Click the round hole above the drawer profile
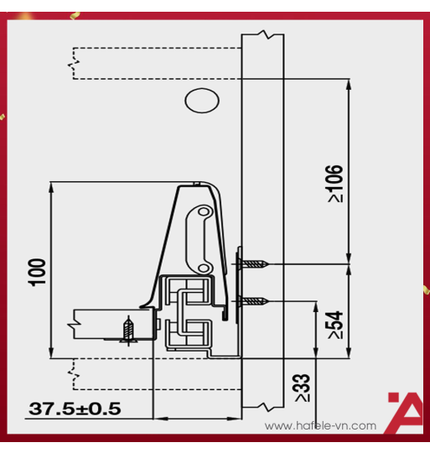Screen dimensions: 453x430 pos(199,101)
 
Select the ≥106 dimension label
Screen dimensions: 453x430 pos(334,184)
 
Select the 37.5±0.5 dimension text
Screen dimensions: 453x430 pos(75,409)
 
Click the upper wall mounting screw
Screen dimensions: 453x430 pos(256,264)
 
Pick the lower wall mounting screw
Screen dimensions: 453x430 pos(256,300)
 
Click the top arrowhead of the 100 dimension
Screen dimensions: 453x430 pos(53,186)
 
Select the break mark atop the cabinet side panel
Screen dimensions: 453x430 pos(264,36)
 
